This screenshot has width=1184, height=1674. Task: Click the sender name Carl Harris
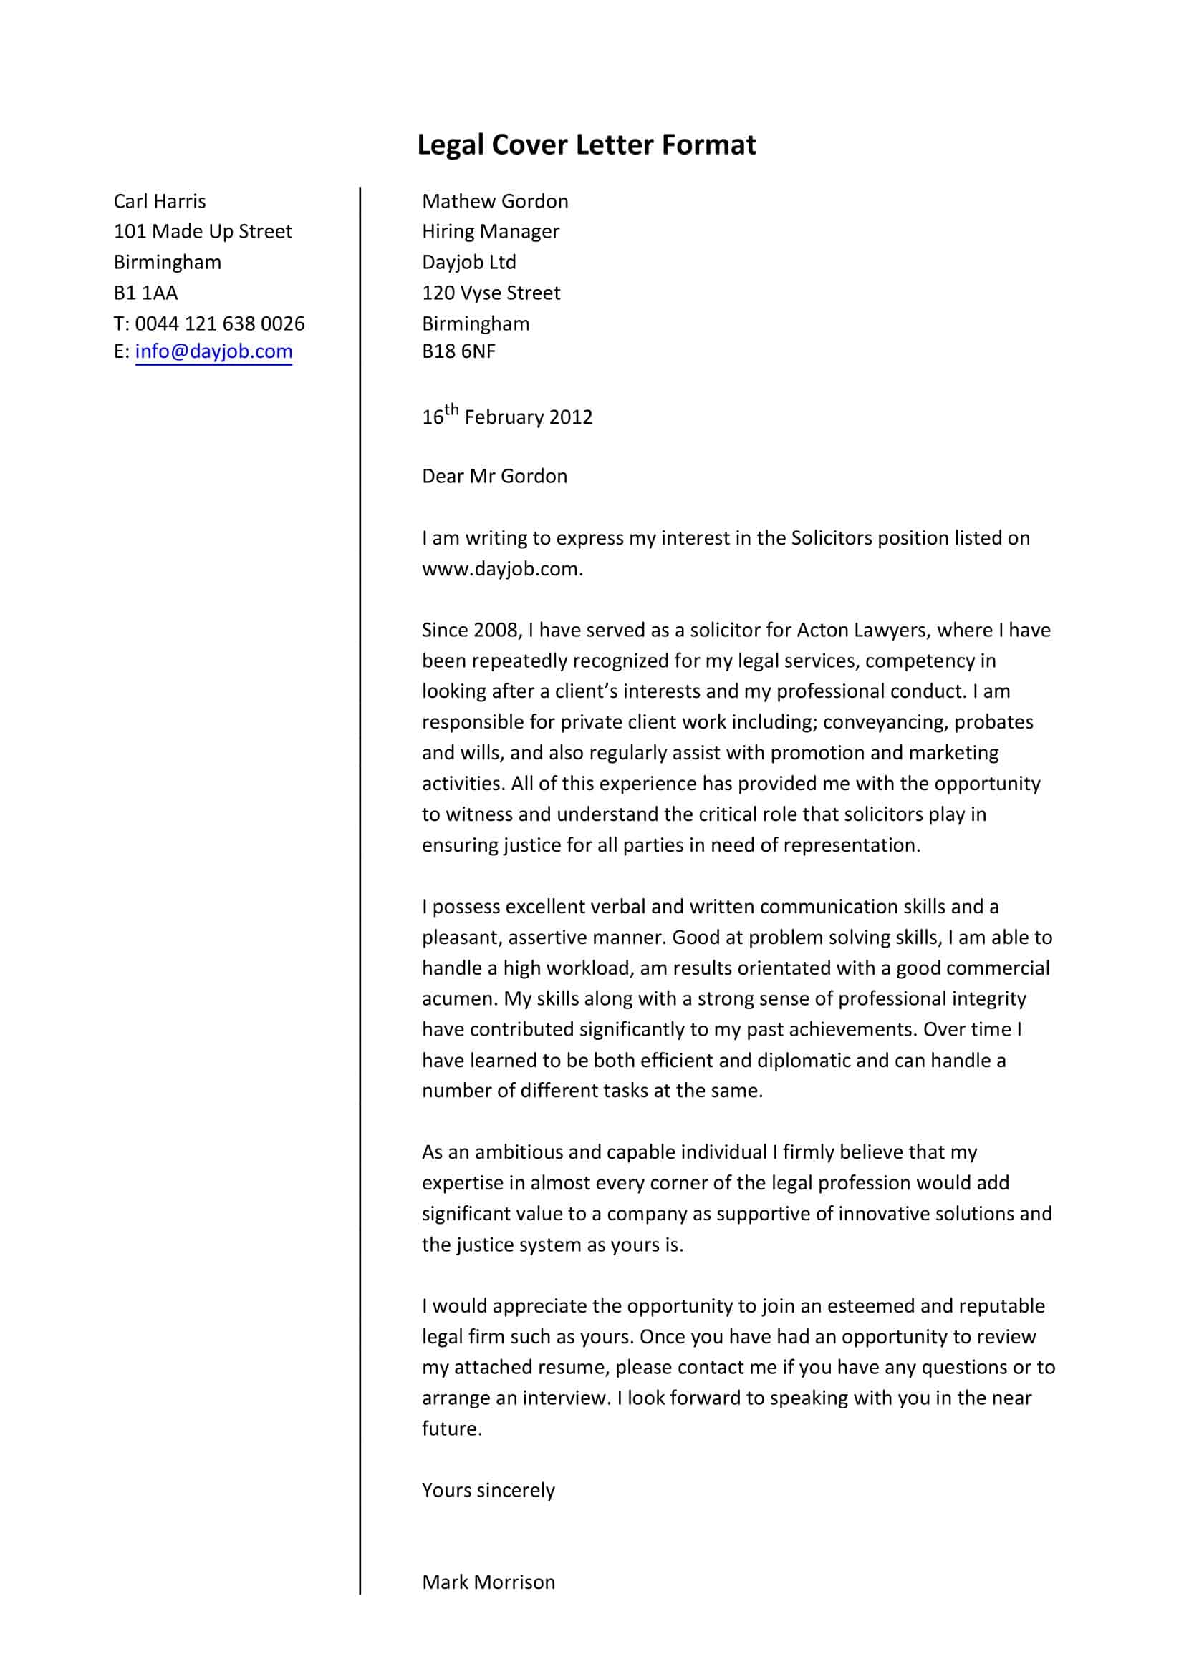click(x=160, y=201)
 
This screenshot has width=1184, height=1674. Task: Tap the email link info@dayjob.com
click(x=213, y=351)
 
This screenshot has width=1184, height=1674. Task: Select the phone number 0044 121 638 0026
click(x=220, y=323)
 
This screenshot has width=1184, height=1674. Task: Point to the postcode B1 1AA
click(x=146, y=293)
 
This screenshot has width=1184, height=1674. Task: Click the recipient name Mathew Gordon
click(x=495, y=201)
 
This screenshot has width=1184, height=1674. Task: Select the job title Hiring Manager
click(x=490, y=232)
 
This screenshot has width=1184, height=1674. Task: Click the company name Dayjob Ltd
click(x=468, y=263)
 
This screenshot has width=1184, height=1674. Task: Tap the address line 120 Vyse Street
click(x=491, y=293)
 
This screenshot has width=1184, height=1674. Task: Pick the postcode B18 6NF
click(x=458, y=351)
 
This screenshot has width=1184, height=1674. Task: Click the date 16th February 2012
click(x=507, y=417)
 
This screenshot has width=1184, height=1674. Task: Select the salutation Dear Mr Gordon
click(x=494, y=476)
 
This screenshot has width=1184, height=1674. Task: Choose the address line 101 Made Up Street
click(x=203, y=232)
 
